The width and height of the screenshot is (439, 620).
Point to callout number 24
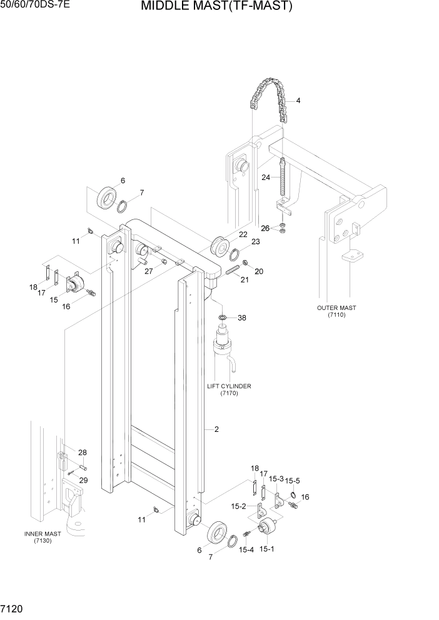266,177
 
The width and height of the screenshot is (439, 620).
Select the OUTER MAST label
336,307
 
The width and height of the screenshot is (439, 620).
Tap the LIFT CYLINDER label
229,386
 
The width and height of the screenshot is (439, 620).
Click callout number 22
243,234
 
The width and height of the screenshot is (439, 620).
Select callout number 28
82,452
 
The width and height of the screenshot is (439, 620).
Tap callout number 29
83,480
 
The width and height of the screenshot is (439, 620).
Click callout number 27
148,271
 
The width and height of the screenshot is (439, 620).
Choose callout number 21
245,279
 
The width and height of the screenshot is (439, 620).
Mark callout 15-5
292,481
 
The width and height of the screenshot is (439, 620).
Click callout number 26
265,228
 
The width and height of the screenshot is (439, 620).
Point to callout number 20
259,271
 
